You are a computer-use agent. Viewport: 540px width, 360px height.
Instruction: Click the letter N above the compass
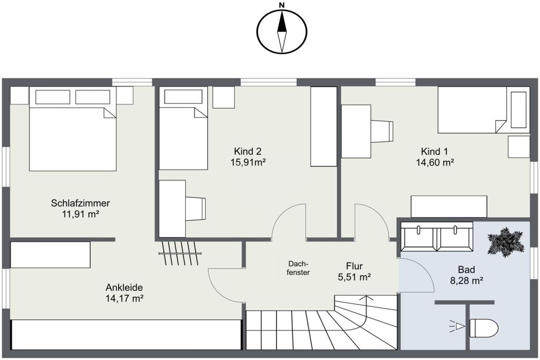point(282,5)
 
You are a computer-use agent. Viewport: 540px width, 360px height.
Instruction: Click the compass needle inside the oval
point(282,32)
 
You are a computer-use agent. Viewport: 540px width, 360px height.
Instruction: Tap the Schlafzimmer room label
point(80,203)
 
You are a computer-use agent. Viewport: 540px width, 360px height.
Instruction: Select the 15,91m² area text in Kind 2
point(248,162)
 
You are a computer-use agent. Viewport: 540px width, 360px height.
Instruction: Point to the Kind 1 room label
point(435,151)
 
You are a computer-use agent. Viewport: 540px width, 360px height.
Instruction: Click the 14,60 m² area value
point(435,162)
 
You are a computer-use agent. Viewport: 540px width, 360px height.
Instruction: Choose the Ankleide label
point(124,287)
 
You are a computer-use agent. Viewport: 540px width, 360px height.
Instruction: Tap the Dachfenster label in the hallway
point(298,268)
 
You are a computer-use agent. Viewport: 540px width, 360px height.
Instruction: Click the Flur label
point(354,266)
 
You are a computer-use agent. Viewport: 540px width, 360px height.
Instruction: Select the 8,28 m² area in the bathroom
point(466,280)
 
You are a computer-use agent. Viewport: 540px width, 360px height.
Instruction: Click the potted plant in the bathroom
point(506,242)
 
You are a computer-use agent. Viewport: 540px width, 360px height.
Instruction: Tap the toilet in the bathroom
point(484,328)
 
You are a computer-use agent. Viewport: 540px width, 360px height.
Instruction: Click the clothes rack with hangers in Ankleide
point(179,253)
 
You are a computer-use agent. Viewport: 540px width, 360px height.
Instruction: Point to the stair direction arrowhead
point(368,298)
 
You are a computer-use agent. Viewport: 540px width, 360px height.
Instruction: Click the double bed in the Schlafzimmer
point(73,129)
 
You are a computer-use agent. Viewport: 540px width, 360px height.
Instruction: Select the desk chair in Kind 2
point(196,209)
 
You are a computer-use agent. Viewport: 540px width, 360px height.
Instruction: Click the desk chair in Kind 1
point(382,131)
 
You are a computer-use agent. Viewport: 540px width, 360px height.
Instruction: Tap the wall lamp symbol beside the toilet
point(457,326)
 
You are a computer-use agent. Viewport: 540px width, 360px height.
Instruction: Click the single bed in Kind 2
point(183,128)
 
